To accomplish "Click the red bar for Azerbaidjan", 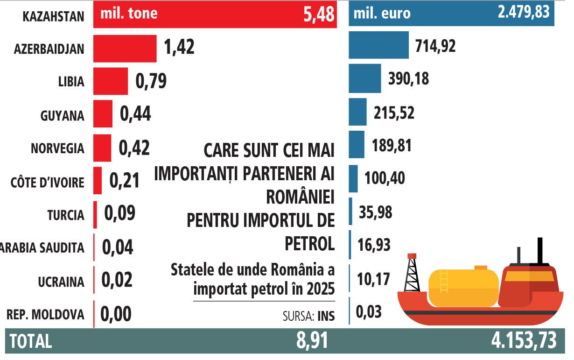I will (x=125, y=48).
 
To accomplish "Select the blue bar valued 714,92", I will (x=378, y=45).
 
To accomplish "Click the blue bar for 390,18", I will (x=364, y=79).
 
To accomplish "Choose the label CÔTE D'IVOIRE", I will (x=47, y=183).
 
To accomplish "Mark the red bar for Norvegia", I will (x=102, y=148).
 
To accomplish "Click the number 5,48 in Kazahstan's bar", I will (x=319, y=14).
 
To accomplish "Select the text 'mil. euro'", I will (x=382, y=13).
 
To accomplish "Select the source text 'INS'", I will (x=326, y=316).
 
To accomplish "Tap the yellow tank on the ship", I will (x=463, y=286).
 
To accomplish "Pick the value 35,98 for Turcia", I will (x=376, y=212).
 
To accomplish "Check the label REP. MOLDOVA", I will (x=45, y=315).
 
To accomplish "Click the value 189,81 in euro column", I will (x=392, y=146).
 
